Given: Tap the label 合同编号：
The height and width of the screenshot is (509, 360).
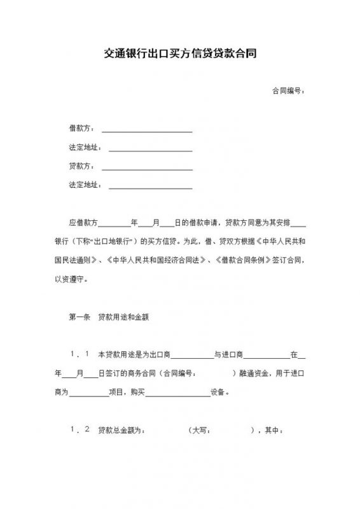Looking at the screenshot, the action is (x=287, y=92).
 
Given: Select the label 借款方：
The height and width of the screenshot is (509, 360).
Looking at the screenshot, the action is (x=81, y=129).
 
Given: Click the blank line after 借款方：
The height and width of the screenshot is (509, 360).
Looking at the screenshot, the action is (x=147, y=131).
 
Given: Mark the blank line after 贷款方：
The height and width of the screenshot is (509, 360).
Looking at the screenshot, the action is (x=147, y=169).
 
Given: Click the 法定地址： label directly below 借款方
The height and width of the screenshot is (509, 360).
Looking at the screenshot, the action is (x=85, y=148).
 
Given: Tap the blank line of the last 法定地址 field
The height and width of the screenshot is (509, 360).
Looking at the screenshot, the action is (x=151, y=188).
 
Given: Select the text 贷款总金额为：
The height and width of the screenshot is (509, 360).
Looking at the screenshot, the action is (x=123, y=430).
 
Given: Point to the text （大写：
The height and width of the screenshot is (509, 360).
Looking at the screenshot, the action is (x=201, y=430).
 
